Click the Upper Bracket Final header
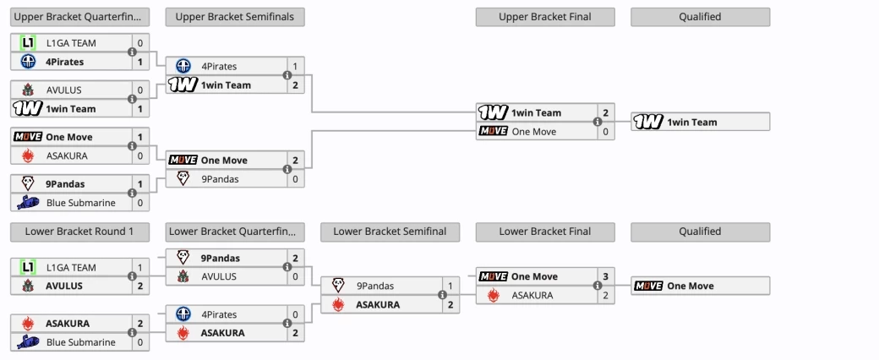click(x=544, y=17)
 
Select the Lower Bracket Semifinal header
click(x=390, y=232)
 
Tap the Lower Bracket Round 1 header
click(x=79, y=232)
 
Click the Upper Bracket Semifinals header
click(x=235, y=17)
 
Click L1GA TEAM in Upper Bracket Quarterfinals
click(x=71, y=42)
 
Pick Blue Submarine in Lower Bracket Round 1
click(x=80, y=342)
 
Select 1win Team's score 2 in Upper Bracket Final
click(x=606, y=113)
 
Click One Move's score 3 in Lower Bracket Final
click(x=606, y=276)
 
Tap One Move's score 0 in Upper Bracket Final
click(x=606, y=132)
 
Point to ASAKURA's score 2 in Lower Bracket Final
click(x=606, y=295)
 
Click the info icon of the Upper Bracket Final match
click(x=597, y=123)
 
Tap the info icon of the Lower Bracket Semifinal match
click(x=442, y=295)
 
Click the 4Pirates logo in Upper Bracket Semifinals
click(x=183, y=66)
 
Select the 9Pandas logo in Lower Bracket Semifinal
click(x=338, y=286)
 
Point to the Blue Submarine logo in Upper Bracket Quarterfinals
click(x=28, y=203)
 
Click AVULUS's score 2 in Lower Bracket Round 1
click(x=140, y=286)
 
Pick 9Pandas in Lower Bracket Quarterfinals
click(x=220, y=258)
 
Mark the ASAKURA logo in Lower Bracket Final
click(x=493, y=295)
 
